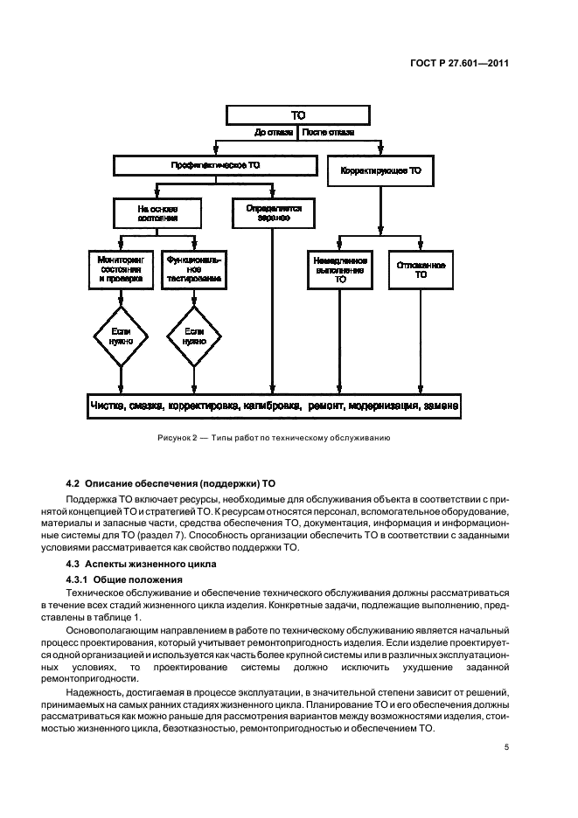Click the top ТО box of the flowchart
click(298, 115)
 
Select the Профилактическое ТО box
click(214, 165)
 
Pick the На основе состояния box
click(157, 214)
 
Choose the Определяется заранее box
click(273, 214)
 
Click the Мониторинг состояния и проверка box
click(120, 270)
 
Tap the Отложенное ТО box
click(421, 269)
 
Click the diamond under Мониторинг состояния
click(120, 336)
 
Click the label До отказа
click(274, 134)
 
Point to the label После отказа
click(328, 134)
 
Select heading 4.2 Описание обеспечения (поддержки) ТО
click(171, 482)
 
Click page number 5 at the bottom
click(506, 747)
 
